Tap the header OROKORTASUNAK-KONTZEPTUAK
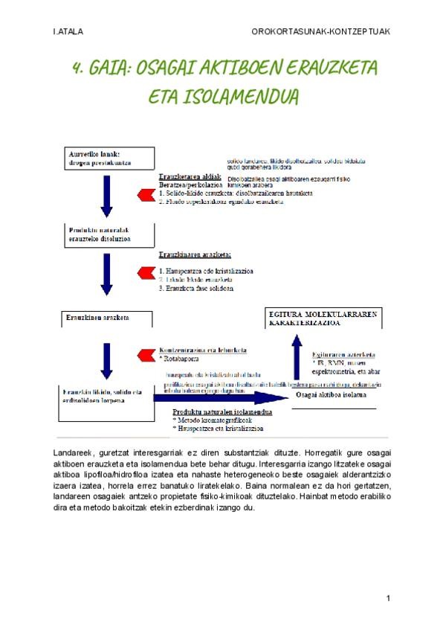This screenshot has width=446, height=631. click(x=321, y=32)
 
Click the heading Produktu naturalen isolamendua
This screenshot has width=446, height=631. click(x=222, y=411)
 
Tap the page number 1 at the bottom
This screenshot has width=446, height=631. click(x=389, y=598)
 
